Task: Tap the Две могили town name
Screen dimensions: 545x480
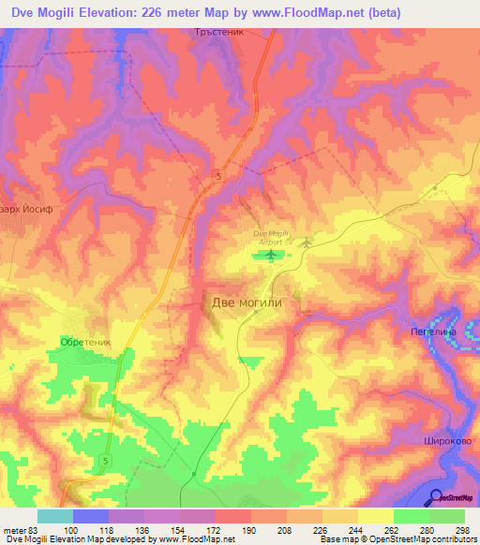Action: click(247, 302)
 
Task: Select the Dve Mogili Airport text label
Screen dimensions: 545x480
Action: click(269, 236)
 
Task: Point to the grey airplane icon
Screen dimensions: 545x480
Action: click(307, 243)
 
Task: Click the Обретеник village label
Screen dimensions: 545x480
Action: click(85, 343)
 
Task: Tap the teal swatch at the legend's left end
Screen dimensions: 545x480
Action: click(55, 516)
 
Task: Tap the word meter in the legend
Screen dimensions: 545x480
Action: click(13, 530)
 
